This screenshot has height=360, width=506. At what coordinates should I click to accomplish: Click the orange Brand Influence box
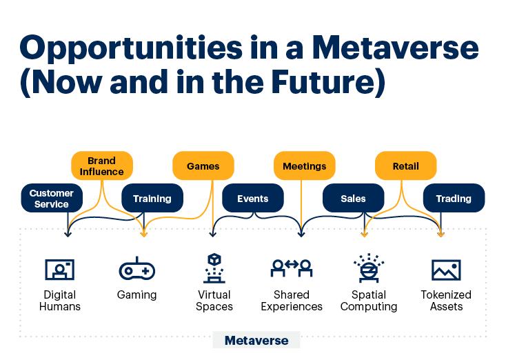tap(102, 166)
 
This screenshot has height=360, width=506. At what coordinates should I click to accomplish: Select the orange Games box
tap(203, 166)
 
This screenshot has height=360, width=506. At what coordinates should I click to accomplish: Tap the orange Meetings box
tap(305, 166)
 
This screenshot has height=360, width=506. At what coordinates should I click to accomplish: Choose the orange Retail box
tap(405, 166)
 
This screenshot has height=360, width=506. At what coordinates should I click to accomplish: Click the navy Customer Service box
tap(52, 198)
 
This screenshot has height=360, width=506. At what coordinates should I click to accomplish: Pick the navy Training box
tap(152, 198)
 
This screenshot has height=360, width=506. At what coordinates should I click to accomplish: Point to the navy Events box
tap(253, 198)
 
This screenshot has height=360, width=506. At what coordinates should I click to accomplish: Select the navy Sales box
tap(354, 198)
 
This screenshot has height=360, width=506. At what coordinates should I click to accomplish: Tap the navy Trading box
tap(454, 198)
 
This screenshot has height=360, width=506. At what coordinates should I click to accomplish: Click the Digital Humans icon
tap(60, 270)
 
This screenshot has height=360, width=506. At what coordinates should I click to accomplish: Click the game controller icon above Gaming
tap(136, 269)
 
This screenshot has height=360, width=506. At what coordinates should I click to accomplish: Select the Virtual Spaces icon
tap(214, 268)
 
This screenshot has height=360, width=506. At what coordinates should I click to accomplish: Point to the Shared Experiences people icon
tap(292, 268)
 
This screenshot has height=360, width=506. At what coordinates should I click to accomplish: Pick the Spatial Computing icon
tap(369, 268)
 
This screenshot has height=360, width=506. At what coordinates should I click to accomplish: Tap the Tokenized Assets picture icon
tap(446, 270)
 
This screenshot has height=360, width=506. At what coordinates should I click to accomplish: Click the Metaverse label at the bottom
tap(256, 340)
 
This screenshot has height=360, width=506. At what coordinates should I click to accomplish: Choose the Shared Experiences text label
tap(292, 301)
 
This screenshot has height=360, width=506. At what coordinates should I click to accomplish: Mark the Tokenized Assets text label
tap(446, 301)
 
